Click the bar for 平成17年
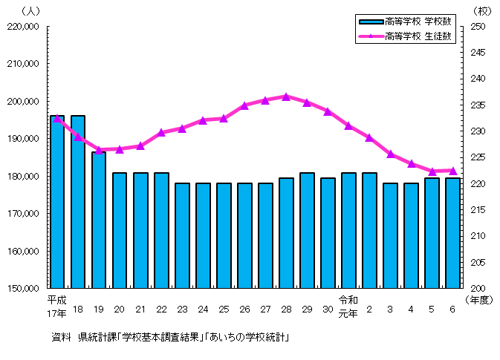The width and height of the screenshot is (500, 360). click(x=57, y=201)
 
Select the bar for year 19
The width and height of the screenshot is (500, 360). click(x=99, y=220)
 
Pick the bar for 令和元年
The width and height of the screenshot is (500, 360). click(x=348, y=230)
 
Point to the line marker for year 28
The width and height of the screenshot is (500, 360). click(x=286, y=96)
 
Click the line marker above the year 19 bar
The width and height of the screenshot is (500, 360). click(x=99, y=150)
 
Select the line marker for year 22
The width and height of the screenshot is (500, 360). click(x=161, y=132)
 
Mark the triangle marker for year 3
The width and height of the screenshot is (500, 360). click(x=390, y=154)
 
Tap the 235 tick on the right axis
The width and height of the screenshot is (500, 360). click(x=478, y=105)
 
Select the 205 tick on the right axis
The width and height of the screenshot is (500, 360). click(x=478, y=263)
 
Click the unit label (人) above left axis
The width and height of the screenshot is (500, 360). click(x=33, y=11)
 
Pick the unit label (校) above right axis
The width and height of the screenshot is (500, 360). click(x=479, y=11)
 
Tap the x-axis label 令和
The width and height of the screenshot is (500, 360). click(x=348, y=300)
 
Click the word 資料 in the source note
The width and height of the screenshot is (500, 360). click(x=61, y=338)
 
